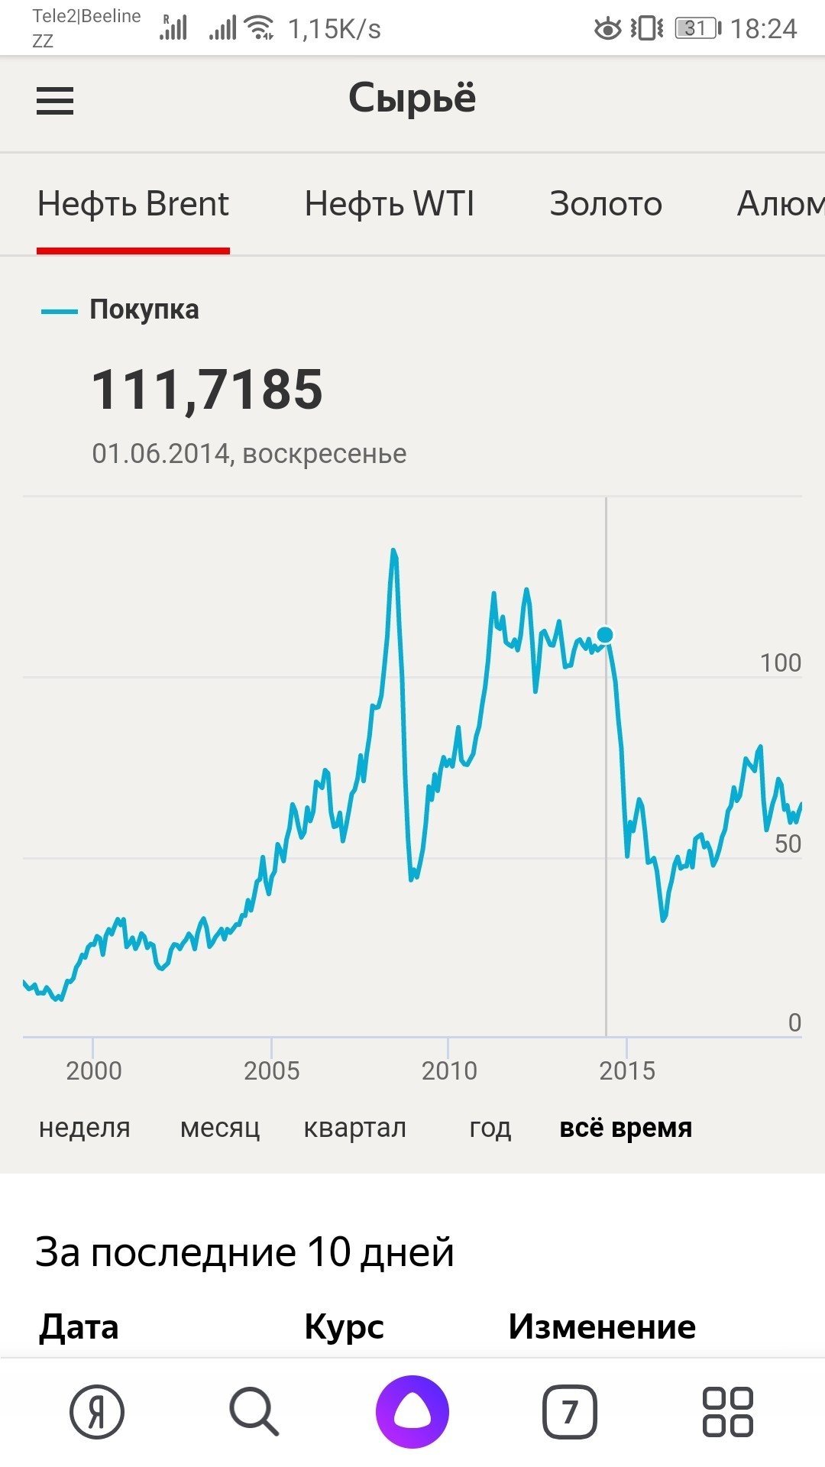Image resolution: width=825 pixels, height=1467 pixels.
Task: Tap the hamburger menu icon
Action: [55, 101]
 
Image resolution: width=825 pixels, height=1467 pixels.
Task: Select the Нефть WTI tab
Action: [389, 204]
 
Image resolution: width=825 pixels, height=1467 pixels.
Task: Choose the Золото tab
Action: [606, 204]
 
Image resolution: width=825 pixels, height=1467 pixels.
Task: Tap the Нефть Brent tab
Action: [133, 204]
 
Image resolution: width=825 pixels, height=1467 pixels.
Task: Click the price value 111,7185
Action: [207, 390]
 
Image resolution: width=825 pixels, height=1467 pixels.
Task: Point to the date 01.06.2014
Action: [161, 454]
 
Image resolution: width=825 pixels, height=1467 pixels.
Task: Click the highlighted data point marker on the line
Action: [605, 635]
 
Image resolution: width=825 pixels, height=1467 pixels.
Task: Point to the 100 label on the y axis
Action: [780, 662]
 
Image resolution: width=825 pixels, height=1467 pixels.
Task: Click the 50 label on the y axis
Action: [788, 844]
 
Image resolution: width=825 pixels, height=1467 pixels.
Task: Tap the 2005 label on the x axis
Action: [271, 1070]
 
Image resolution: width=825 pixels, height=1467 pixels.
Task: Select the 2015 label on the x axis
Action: [627, 1070]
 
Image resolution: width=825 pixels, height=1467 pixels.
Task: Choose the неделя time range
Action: [85, 1128]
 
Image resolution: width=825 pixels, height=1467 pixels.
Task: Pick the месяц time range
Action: [220, 1128]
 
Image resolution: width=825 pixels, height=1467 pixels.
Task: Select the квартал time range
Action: [355, 1128]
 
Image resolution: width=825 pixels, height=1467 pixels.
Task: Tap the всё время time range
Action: [626, 1128]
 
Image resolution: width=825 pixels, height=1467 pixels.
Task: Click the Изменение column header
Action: [602, 1327]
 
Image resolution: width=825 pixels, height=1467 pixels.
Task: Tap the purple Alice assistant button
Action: [412, 1412]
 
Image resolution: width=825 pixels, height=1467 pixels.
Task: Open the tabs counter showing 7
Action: [570, 1412]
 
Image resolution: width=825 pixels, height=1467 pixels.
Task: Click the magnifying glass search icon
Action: [254, 1412]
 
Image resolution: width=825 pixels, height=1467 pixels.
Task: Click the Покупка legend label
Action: [144, 309]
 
